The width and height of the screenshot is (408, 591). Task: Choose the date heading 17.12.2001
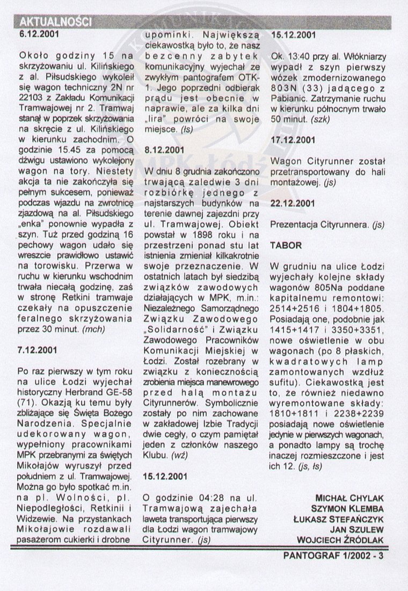point(294,140)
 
